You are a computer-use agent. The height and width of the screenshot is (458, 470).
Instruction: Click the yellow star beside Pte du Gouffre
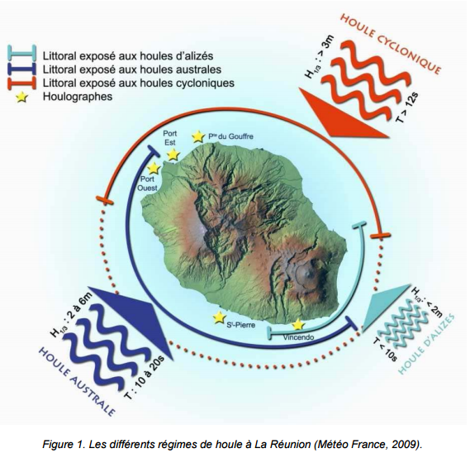(197, 136)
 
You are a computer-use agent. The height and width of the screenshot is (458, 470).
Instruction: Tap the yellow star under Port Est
(173, 155)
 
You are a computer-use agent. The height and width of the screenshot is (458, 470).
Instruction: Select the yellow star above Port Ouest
(154, 169)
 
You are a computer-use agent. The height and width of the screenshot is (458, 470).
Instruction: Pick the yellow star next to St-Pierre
(219, 317)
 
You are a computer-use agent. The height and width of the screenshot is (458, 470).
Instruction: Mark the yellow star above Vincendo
(298, 325)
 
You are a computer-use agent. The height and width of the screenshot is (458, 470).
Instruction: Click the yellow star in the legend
(21, 98)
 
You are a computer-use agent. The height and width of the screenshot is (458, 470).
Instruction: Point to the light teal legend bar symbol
(21, 53)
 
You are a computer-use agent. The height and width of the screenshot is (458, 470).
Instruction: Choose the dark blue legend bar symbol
(21, 69)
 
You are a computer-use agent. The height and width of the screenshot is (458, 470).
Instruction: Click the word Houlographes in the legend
(78, 97)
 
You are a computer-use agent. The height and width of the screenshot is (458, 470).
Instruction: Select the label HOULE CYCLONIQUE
(392, 43)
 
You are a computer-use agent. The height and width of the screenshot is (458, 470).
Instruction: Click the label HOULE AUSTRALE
(77, 381)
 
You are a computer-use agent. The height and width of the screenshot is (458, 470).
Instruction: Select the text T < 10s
(385, 349)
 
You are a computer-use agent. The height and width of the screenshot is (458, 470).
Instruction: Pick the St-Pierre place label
(241, 325)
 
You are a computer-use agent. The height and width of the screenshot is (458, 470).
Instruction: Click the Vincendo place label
(298, 337)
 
